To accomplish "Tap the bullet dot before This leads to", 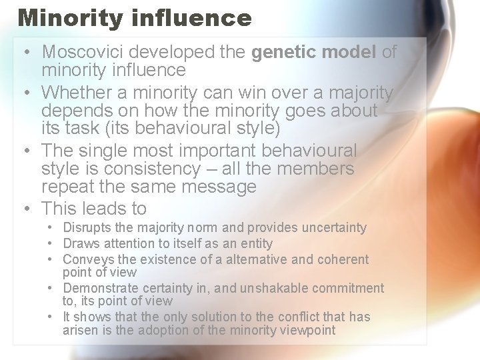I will coord(25,209).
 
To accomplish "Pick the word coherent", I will coord(343,259).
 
